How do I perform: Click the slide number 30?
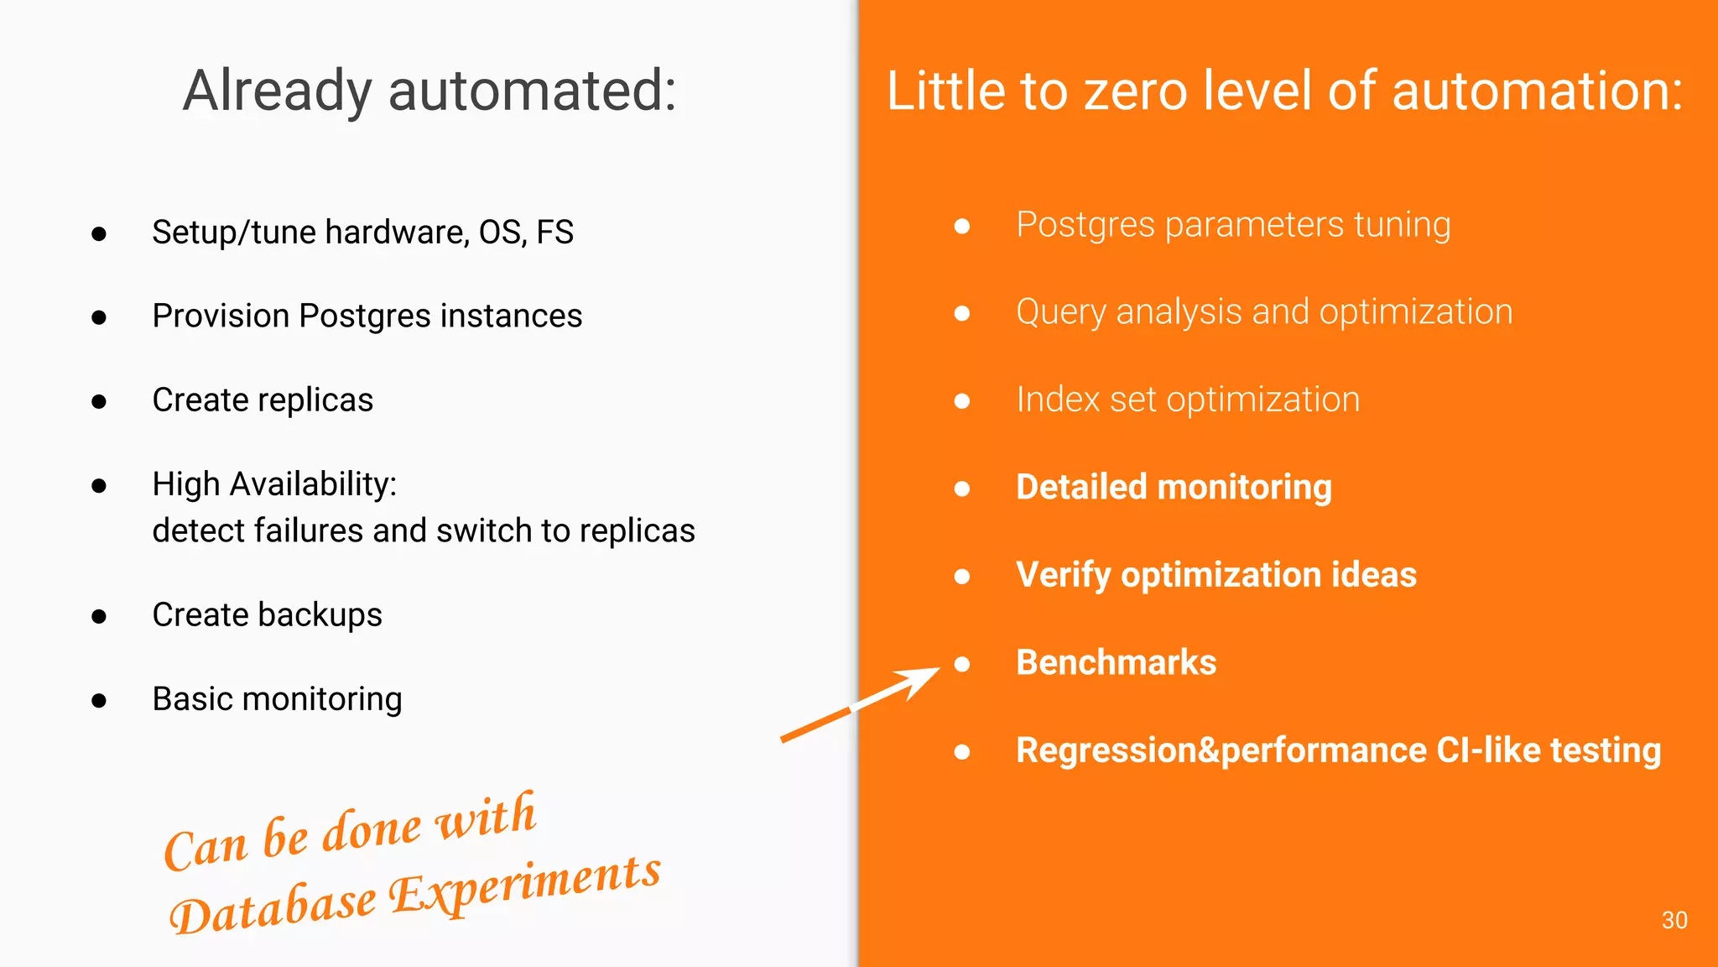click(1674, 920)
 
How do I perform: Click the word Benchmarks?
click(1116, 662)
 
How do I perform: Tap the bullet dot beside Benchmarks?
click(962, 664)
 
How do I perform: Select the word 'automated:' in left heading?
click(532, 91)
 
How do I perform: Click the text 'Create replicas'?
click(263, 400)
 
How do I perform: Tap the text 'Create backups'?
click(267, 614)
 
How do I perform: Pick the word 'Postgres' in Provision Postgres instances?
click(365, 316)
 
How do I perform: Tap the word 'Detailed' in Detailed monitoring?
click(1082, 487)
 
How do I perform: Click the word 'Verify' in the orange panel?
click(1063, 575)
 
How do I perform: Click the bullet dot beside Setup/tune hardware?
click(99, 233)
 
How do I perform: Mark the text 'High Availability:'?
click(274, 484)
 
